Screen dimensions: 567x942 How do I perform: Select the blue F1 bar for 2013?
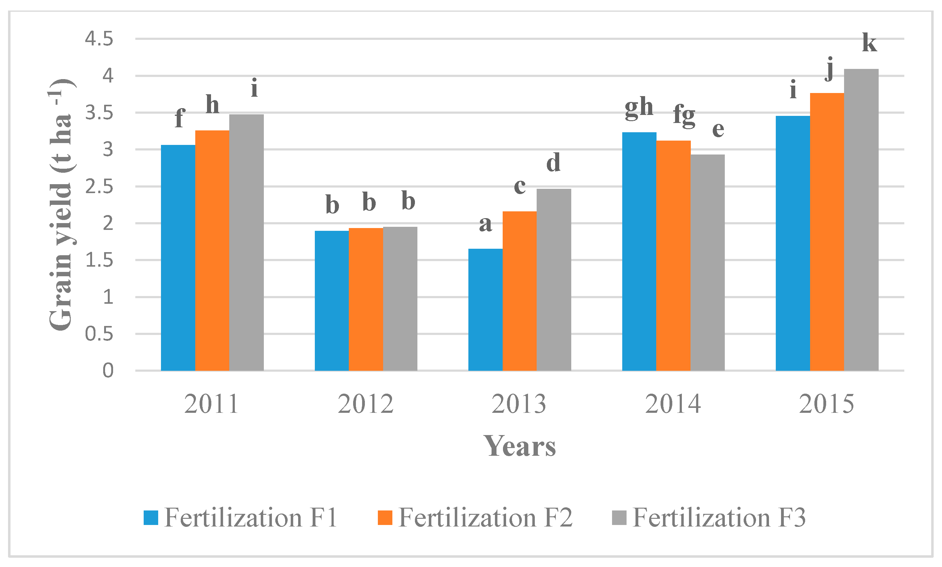click(x=485, y=310)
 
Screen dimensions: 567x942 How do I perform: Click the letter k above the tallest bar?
click(x=869, y=43)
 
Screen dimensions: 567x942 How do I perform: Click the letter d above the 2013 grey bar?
click(x=553, y=163)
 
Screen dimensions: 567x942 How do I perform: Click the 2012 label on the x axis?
click(x=365, y=404)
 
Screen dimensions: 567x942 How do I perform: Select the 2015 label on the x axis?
click(x=826, y=404)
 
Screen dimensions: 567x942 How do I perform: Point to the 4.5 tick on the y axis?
click(x=99, y=39)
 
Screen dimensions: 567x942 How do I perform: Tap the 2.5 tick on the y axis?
click(x=99, y=187)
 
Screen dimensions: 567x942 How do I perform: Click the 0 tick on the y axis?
click(x=108, y=370)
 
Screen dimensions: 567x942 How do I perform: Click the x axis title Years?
click(x=520, y=446)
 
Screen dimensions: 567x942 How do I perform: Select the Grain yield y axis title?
click(x=61, y=205)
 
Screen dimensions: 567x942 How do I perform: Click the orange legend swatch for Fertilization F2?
click(x=385, y=518)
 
